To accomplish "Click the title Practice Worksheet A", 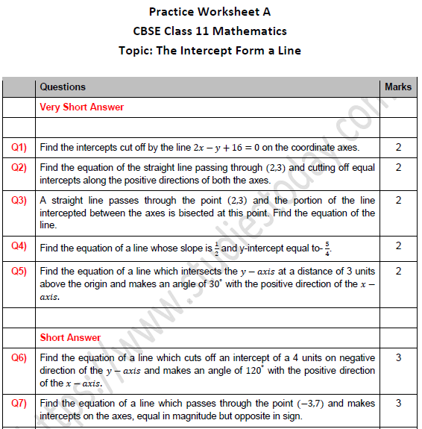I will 210,11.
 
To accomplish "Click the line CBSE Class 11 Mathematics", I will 210,31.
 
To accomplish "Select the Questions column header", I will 63,87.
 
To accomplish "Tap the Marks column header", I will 398,87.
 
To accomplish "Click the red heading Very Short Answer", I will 82,107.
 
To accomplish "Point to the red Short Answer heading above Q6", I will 70,338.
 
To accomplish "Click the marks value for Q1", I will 398,148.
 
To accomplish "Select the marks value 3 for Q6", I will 398,358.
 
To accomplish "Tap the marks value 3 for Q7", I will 398,403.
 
